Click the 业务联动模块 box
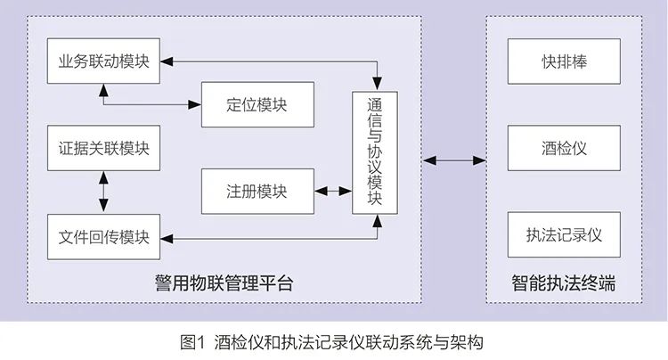click(x=103, y=61)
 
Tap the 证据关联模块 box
click(x=103, y=148)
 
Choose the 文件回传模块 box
click(x=103, y=238)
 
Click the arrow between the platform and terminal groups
click(x=455, y=160)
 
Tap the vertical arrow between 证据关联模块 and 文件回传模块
click(x=103, y=192)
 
